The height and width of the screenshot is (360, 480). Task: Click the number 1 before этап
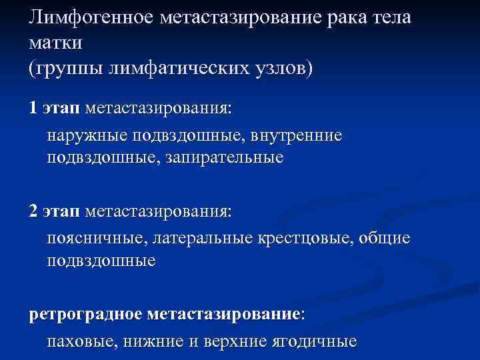[33, 108]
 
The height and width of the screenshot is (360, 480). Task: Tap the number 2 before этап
[33, 211]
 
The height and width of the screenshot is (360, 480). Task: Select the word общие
[388, 239]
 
